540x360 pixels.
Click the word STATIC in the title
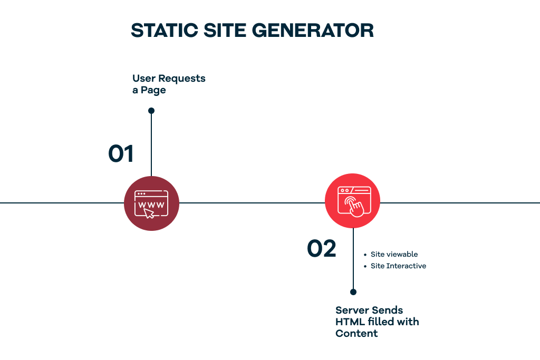tap(165, 30)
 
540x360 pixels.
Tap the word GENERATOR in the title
tap(313, 30)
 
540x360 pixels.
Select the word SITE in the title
tap(225, 30)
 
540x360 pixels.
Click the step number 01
tap(121, 153)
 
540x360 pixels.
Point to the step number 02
tap(321, 248)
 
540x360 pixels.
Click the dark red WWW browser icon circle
tap(151, 203)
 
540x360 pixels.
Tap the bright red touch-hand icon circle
tap(353, 201)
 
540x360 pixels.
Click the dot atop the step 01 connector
tap(151, 111)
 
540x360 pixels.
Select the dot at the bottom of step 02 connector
tap(353, 292)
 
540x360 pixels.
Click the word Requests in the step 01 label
tap(182, 79)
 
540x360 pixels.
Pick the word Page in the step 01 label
tap(153, 91)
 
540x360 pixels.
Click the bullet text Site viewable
tap(394, 255)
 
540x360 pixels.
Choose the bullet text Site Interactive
tap(398, 266)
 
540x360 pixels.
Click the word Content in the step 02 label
tap(356, 334)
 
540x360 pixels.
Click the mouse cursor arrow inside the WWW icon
tap(149, 213)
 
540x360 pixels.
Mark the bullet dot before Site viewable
tap(365, 255)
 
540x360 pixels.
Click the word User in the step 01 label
tap(144, 79)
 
